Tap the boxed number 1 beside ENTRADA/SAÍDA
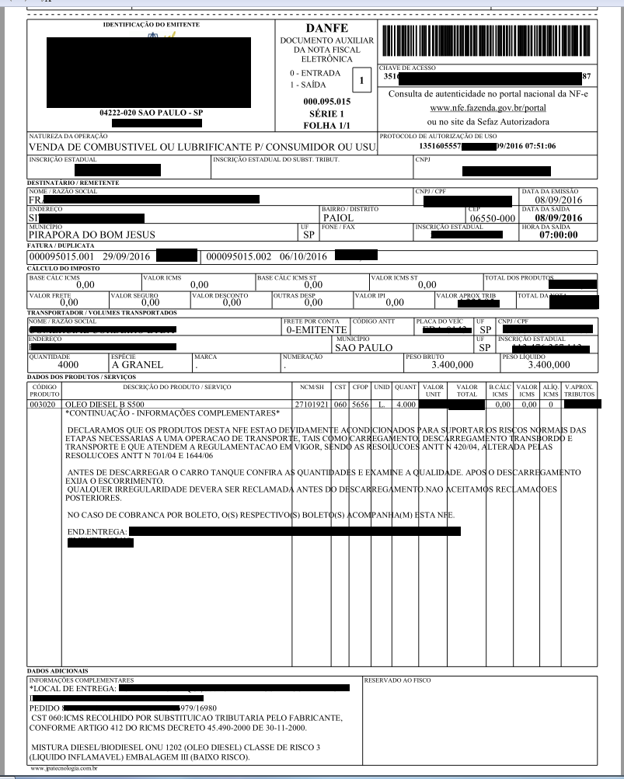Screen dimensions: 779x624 pyautogui.click(x=361, y=79)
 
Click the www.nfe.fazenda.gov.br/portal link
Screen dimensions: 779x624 pyautogui.click(x=487, y=108)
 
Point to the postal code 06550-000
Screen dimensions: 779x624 pyautogui.click(x=493, y=219)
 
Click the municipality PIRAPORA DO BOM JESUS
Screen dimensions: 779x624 pyautogui.click(x=92, y=234)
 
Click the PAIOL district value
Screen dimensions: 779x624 pyautogui.click(x=338, y=219)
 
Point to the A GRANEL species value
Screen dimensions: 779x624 pyautogui.click(x=137, y=363)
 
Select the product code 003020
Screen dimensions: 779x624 pyautogui.click(x=45, y=405)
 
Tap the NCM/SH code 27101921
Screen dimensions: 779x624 pyautogui.click(x=312, y=405)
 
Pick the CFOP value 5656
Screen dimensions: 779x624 pyautogui.click(x=361, y=405)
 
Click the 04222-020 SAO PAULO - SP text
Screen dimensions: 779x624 pyautogui.click(x=151, y=113)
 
